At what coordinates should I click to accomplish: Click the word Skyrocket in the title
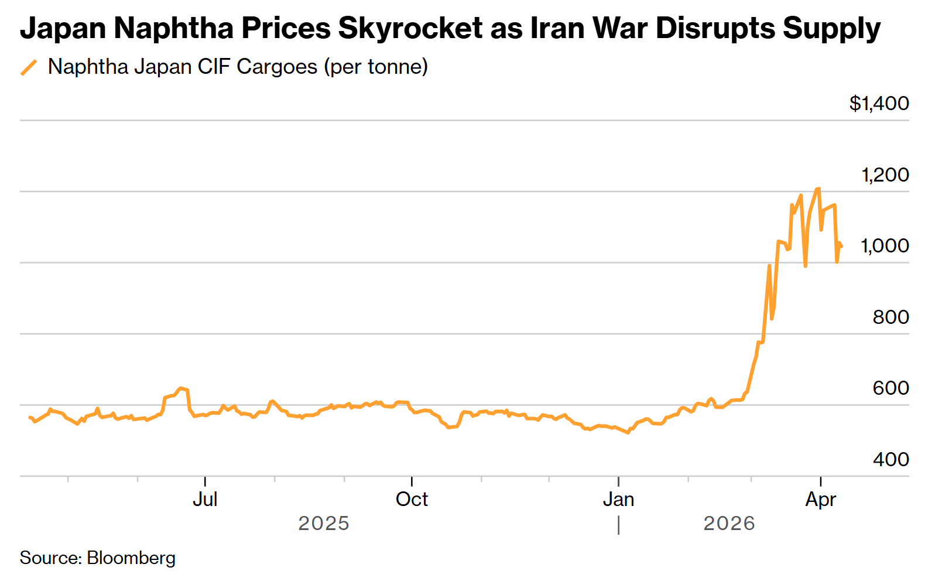pyautogui.click(x=410, y=28)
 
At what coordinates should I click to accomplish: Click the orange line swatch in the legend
pyautogui.click(x=29, y=67)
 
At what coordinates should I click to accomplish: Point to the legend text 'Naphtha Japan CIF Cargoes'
pyautogui.click(x=182, y=67)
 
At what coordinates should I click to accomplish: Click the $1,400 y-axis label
pyautogui.click(x=879, y=104)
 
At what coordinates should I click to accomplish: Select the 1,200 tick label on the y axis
pyautogui.click(x=885, y=175)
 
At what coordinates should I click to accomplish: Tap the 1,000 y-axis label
pyautogui.click(x=885, y=246)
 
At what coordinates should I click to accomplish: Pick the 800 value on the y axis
pyautogui.click(x=891, y=317)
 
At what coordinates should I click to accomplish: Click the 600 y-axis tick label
pyautogui.click(x=891, y=388)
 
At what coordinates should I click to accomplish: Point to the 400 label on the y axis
pyautogui.click(x=891, y=459)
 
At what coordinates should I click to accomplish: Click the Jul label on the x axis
pyautogui.click(x=205, y=500)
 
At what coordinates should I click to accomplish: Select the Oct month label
pyautogui.click(x=412, y=500)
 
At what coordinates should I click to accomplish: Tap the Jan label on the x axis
pyautogui.click(x=618, y=500)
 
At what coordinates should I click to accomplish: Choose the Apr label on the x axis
pyautogui.click(x=820, y=500)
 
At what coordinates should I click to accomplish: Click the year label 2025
pyautogui.click(x=324, y=523)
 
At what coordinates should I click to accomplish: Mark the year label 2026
pyautogui.click(x=729, y=523)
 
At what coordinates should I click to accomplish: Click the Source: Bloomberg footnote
pyautogui.click(x=98, y=558)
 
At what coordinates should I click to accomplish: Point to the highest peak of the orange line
pyautogui.click(x=818, y=189)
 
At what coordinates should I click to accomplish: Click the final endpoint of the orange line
pyautogui.click(x=841, y=247)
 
